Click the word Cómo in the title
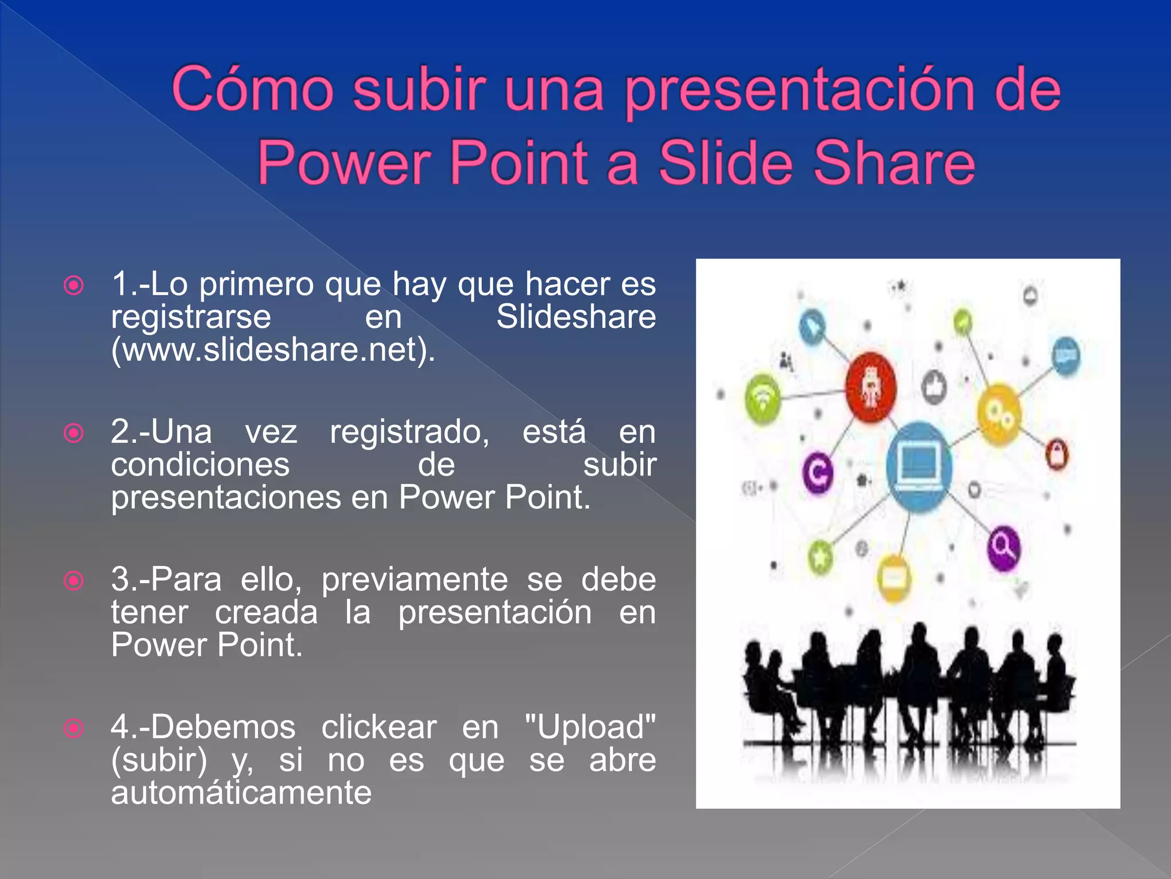pos(252,90)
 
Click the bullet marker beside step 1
pos(74,285)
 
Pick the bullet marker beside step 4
pos(74,728)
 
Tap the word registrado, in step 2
pos(409,431)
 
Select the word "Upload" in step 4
pos(590,727)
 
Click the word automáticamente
pos(241,793)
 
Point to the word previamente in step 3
pos(414,579)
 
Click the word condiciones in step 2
pos(200,464)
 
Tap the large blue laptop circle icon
pos(919,466)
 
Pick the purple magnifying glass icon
pos(1003,547)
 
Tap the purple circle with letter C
pos(818,473)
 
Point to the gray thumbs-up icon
pos(933,387)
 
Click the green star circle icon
pos(821,556)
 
